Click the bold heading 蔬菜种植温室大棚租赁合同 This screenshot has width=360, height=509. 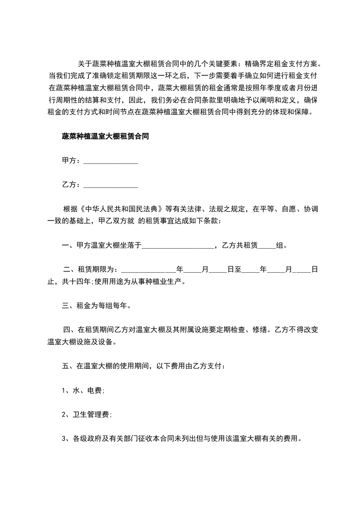click(x=105, y=136)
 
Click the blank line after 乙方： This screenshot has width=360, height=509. click(x=111, y=185)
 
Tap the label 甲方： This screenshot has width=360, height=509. click(x=72, y=161)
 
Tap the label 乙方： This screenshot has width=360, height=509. click(x=72, y=185)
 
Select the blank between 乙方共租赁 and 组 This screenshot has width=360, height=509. click(x=266, y=246)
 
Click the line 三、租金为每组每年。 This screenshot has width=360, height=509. click(x=97, y=306)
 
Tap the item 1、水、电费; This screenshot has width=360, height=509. click(x=84, y=390)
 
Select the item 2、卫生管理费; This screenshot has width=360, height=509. click(x=87, y=415)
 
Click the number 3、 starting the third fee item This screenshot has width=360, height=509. click(x=66, y=439)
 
